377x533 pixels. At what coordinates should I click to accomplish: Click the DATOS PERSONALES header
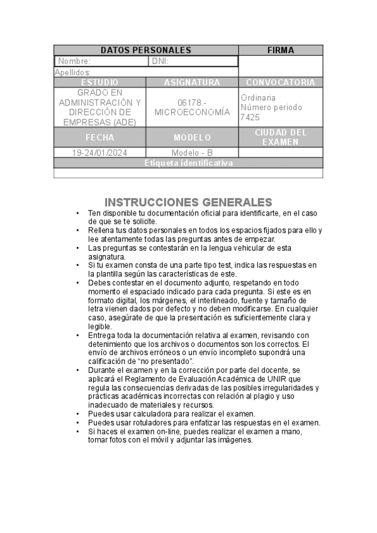point(146,50)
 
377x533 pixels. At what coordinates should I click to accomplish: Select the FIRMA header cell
point(280,50)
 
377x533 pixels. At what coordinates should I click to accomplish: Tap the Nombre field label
point(74,62)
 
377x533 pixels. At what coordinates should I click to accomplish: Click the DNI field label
point(160,62)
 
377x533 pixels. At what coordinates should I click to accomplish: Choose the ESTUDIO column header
point(99,82)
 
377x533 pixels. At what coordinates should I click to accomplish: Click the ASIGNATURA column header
point(192,82)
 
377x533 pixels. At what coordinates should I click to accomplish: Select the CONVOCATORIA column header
point(280,82)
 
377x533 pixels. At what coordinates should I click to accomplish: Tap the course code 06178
point(192,102)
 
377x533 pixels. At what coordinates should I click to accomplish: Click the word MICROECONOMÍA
point(192,112)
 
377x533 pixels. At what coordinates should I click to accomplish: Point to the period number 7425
point(250,117)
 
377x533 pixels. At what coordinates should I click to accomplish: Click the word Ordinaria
point(258,97)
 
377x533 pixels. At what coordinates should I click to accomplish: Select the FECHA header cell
point(99,137)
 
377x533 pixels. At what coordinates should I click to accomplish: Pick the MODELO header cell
point(192,137)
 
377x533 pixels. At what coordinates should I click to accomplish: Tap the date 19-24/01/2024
point(99,153)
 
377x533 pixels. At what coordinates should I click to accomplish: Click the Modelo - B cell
point(192,153)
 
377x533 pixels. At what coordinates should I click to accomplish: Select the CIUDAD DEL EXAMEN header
point(280,137)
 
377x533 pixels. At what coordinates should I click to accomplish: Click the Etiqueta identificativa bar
point(188,163)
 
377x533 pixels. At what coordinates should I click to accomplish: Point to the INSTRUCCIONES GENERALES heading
point(188,202)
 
